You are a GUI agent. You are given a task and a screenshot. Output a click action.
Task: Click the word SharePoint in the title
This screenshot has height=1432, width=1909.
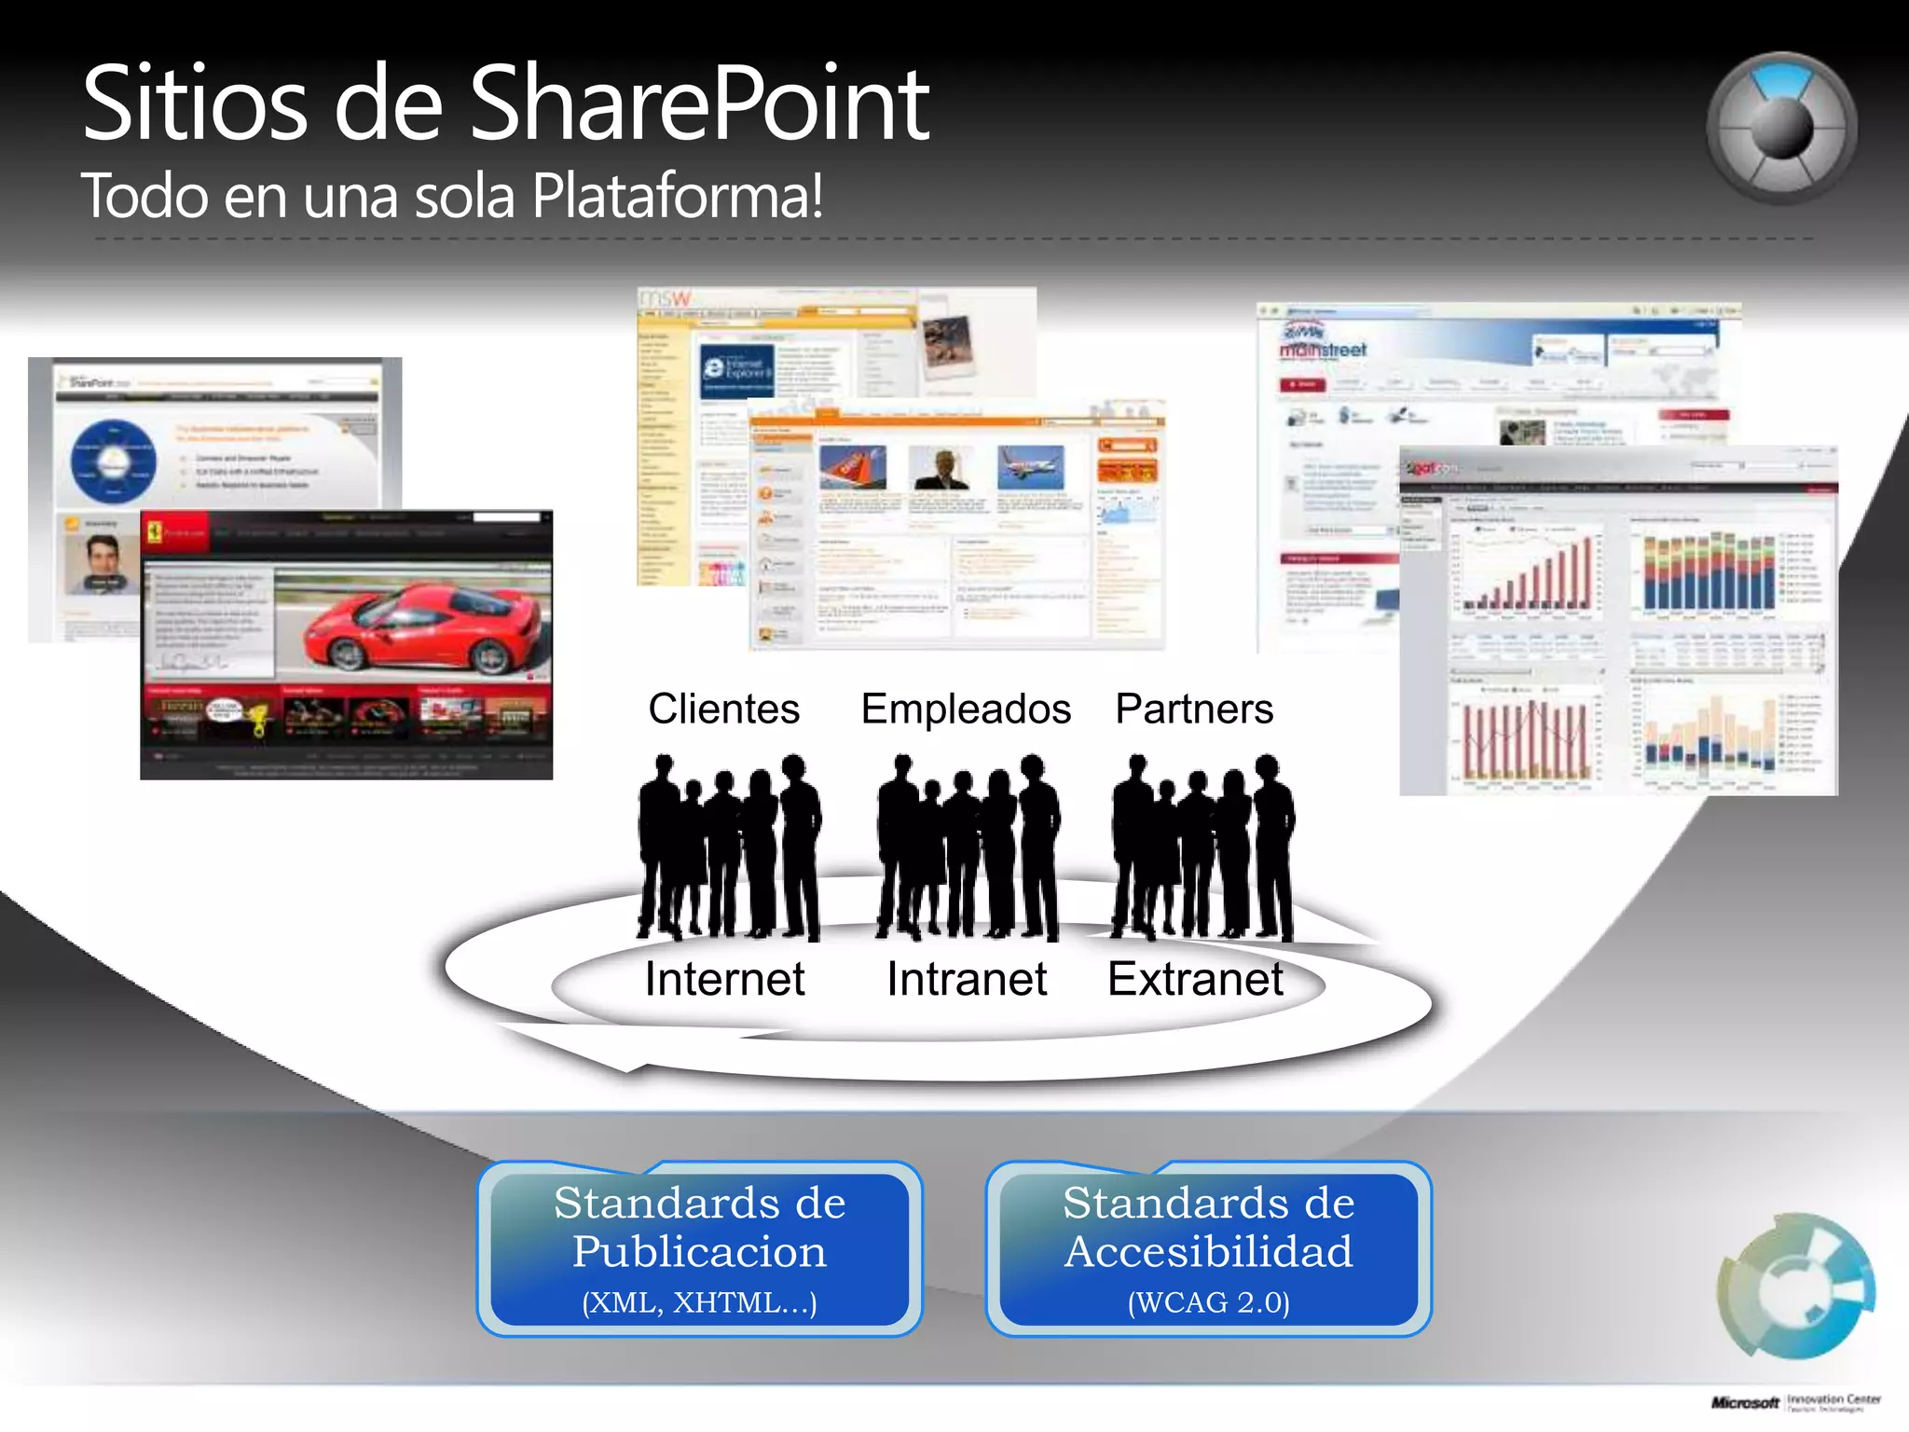pyautogui.click(x=699, y=104)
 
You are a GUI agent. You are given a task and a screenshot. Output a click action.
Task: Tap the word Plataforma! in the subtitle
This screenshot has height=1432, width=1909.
pyautogui.click(x=678, y=197)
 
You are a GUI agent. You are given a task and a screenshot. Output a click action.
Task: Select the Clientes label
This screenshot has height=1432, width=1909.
pyautogui.click(x=724, y=709)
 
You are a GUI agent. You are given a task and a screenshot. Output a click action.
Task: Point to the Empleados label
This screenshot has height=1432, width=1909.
pyautogui.click(x=966, y=709)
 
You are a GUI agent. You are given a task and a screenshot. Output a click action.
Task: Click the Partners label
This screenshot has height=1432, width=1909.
pyautogui.click(x=1194, y=709)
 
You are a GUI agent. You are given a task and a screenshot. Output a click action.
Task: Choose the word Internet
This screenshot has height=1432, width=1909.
pyautogui.click(x=724, y=979)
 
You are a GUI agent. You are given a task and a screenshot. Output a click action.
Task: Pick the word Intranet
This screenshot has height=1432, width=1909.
pyautogui.click(x=967, y=979)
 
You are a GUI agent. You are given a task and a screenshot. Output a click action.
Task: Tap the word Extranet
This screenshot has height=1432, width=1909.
pyautogui.click(x=1195, y=979)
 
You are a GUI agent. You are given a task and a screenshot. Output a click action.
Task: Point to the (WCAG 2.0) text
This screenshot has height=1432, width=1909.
pyautogui.click(x=1208, y=1302)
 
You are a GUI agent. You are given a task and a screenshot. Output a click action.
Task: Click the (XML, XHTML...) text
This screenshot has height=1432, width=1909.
pyautogui.click(x=699, y=1302)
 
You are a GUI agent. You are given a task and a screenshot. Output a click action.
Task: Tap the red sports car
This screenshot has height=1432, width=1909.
pyautogui.click(x=419, y=625)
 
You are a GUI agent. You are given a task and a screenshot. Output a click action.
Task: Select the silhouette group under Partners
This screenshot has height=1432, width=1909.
pyautogui.click(x=1202, y=848)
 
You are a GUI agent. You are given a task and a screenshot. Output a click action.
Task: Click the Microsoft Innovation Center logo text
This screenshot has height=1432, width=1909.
pyautogui.click(x=1794, y=1402)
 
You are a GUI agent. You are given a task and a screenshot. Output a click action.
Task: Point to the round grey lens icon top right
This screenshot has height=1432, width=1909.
pyautogui.click(x=1781, y=128)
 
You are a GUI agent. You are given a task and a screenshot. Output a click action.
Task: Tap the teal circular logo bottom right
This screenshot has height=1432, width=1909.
pyautogui.click(x=1795, y=1286)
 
